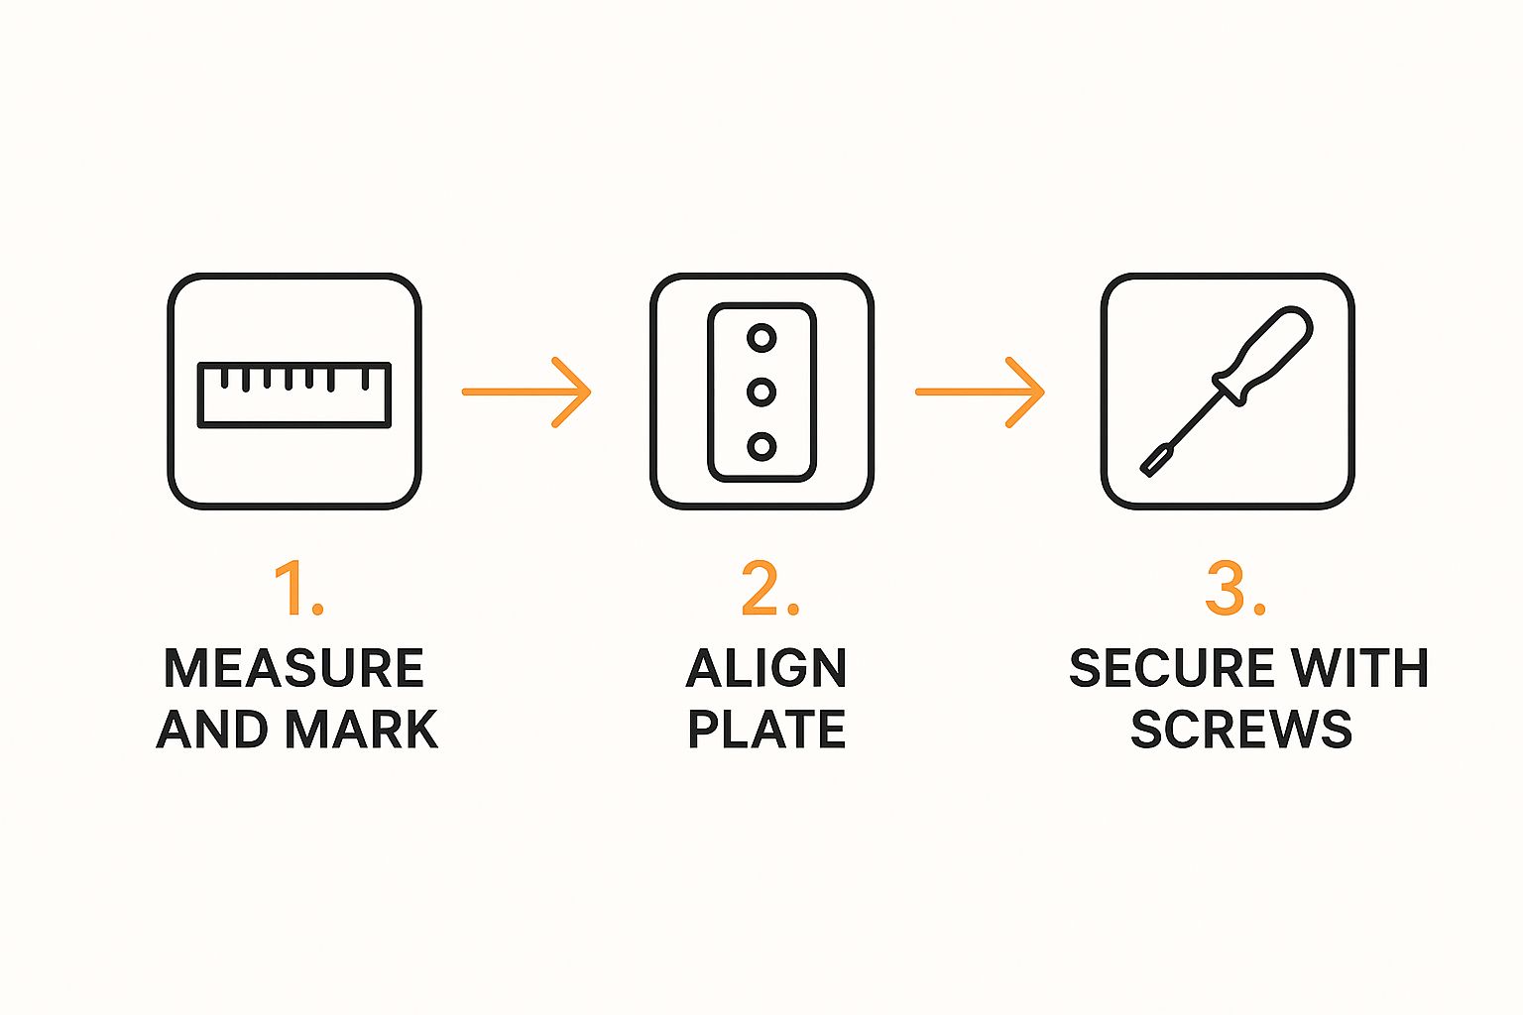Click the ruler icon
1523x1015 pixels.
tap(294, 395)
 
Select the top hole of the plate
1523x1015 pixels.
tap(761, 338)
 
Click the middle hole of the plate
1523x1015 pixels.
tap(761, 393)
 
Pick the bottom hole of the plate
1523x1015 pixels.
tap(761, 447)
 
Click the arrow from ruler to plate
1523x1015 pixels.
tap(527, 393)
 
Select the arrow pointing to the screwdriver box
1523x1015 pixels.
tap(980, 393)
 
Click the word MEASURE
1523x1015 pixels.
tap(294, 668)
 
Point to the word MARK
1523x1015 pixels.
tap(362, 730)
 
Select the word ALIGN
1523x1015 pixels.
tap(766, 668)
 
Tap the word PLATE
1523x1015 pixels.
tap(766, 730)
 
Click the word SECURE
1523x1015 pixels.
tap(1171, 668)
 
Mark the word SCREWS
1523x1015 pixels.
tap(1241, 730)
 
